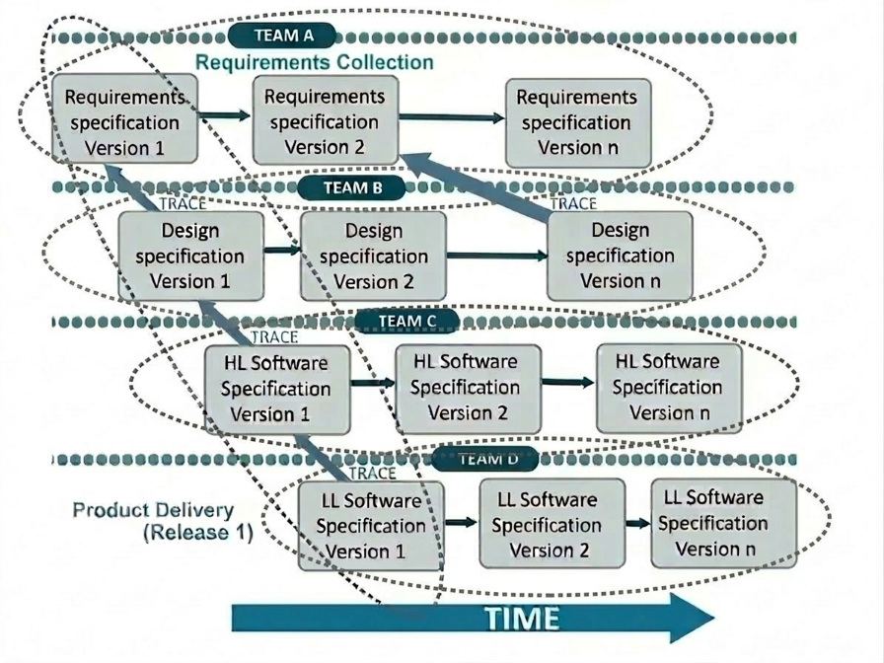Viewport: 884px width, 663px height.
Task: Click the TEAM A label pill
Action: coord(283,36)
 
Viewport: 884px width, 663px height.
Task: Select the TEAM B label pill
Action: coord(351,186)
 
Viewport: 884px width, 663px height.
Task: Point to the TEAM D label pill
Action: coord(484,458)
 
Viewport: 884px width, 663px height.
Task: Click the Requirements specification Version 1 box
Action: coord(124,122)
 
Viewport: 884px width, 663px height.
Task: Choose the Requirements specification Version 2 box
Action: coord(325,122)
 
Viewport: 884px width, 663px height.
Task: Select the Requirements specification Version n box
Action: coord(577,122)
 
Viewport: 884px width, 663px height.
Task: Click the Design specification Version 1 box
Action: coord(190,256)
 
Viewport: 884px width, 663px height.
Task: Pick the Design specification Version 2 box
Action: coord(373,256)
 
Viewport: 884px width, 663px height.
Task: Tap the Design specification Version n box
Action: coord(620,256)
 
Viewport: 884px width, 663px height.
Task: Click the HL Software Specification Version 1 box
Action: coord(275,388)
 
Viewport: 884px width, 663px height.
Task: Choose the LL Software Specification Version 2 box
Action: coord(552,524)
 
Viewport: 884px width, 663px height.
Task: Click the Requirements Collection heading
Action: coord(314,62)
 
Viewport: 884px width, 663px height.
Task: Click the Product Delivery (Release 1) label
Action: coord(155,522)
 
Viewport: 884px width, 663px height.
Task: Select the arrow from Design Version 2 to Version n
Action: coord(496,256)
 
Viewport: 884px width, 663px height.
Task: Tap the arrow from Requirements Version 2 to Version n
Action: coord(451,118)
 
